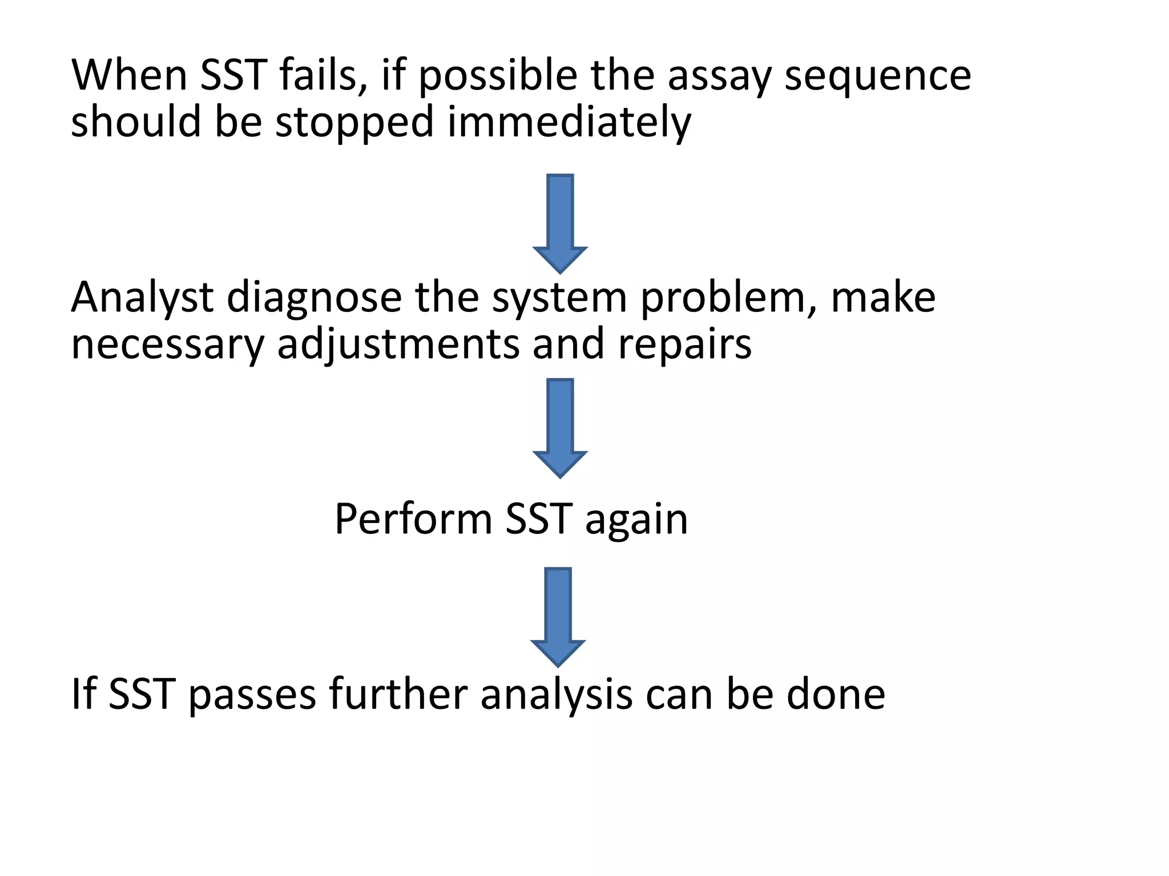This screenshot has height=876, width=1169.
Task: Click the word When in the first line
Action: [129, 75]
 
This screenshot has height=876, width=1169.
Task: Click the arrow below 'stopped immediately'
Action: [560, 222]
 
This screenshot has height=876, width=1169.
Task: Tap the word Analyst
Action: [142, 299]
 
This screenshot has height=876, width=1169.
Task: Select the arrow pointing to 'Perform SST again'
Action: [560, 427]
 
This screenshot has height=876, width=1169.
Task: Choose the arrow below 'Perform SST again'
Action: [558, 616]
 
